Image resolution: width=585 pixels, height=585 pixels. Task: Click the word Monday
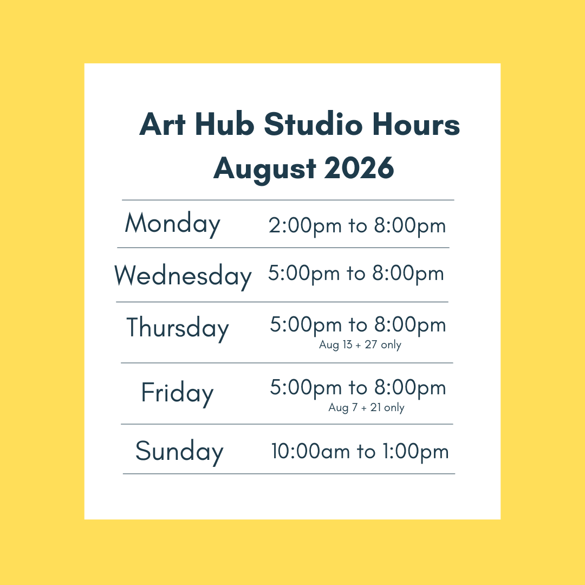click(172, 224)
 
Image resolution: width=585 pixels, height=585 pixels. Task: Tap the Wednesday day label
click(183, 276)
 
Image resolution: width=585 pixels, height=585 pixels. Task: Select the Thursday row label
click(178, 328)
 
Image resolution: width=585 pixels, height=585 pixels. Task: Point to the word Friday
click(177, 394)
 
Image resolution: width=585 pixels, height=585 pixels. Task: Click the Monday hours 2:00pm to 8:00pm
click(357, 226)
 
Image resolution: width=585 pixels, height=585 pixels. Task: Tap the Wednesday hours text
click(356, 274)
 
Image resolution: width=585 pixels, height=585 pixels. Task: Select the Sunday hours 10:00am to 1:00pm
click(360, 452)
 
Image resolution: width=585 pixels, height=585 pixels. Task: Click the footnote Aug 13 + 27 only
click(360, 344)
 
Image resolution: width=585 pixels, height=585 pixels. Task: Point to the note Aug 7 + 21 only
click(366, 407)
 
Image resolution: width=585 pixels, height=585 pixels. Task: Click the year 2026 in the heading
click(359, 168)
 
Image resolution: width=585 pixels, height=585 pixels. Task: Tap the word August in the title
click(265, 170)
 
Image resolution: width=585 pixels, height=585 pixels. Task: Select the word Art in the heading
click(162, 124)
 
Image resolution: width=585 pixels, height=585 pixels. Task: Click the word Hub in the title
click(224, 123)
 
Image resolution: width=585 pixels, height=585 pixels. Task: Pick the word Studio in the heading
click(313, 123)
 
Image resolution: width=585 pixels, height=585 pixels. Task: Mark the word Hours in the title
click(416, 124)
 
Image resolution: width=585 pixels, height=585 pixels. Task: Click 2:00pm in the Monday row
click(305, 226)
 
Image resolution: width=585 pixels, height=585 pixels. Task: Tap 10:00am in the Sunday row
click(310, 451)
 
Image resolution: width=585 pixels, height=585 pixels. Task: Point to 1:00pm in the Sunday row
click(415, 452)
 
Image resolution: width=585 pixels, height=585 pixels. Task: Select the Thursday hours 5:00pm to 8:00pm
click(358, 325)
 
